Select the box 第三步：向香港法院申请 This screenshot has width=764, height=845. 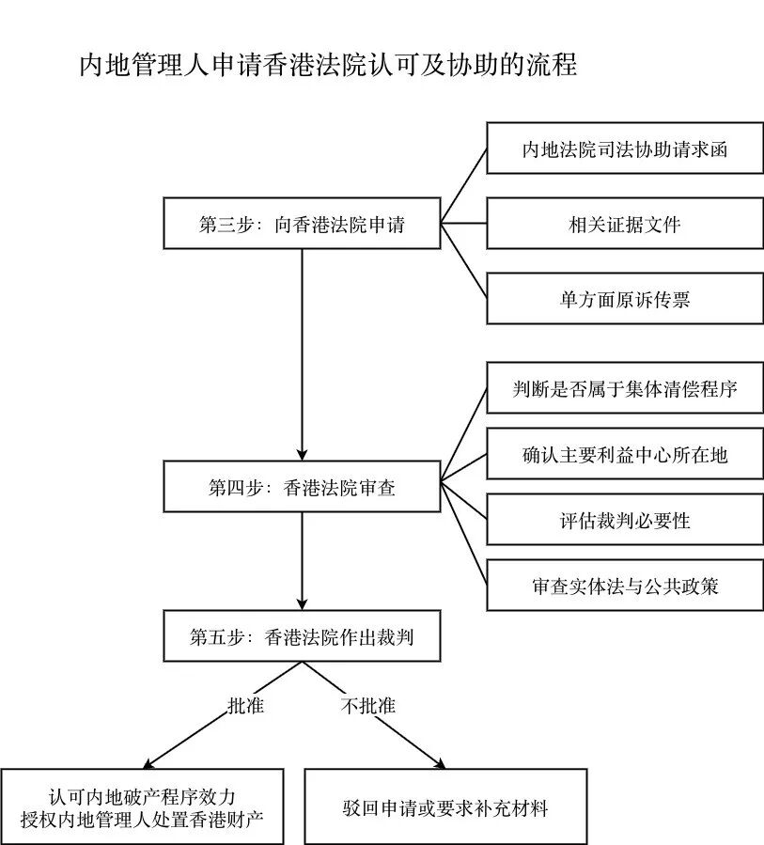(x=302, y=224)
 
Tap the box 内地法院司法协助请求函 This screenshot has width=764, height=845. (x=625, y=149)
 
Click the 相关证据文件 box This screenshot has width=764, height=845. (x=625, y=224)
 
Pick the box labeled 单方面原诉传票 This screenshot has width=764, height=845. (x=625, y=299)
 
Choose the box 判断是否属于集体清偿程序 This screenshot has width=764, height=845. (x=625, y=388)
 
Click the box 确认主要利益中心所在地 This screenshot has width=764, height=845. (x=625, y=455)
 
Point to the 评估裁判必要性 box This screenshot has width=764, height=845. (x=625, y=520)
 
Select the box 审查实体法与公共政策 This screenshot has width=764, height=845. (x=625, y=586)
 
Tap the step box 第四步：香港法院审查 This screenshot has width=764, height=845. (x=302, y=487)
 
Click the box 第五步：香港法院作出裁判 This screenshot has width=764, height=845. (x=302, y=636)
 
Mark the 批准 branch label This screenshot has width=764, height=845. (x=245, y=706)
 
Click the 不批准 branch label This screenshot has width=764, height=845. (x=367, y=706)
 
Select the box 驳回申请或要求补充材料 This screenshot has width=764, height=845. (x=445, y=807)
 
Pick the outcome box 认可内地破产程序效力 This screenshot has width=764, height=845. (x=142, y=795)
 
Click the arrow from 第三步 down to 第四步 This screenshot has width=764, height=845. (x=302, y=357)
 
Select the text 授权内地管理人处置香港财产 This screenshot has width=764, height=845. (x=142, y=819)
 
